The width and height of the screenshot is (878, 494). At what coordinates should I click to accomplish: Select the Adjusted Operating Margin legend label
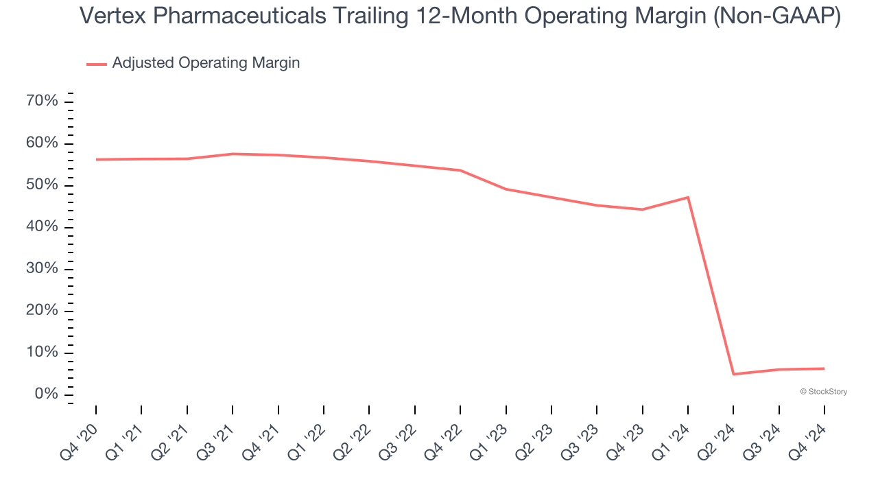(206, 63)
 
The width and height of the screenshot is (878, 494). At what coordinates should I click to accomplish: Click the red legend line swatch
(97, 64)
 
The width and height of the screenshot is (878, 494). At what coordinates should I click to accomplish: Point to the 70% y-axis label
(42, 102)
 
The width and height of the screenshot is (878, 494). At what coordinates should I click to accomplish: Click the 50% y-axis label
(42, 185)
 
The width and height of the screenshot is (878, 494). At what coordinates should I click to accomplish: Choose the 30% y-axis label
(42, 269)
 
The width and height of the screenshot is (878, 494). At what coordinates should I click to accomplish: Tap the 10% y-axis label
(42, 353)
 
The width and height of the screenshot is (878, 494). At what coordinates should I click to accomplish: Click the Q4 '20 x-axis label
(81, 439)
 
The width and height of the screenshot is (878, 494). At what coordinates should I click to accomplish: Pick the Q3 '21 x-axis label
(217, 439)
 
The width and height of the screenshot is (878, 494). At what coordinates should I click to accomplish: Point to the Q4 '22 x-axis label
(445, 439)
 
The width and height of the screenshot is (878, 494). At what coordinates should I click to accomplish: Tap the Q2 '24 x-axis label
(718, 439)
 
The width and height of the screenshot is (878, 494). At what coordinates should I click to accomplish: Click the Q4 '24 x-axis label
(809, 439)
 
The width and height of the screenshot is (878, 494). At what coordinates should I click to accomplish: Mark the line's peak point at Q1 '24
(688, 198)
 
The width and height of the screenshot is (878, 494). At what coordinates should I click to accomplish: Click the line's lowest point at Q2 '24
(733, 374)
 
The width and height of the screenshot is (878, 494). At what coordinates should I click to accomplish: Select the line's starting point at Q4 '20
(96, 159)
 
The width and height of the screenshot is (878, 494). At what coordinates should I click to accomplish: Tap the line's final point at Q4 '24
(824, 368)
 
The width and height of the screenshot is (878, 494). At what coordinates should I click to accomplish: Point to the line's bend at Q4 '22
(460, 170)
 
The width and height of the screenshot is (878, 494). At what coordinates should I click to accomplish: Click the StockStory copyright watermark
(823, 392)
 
